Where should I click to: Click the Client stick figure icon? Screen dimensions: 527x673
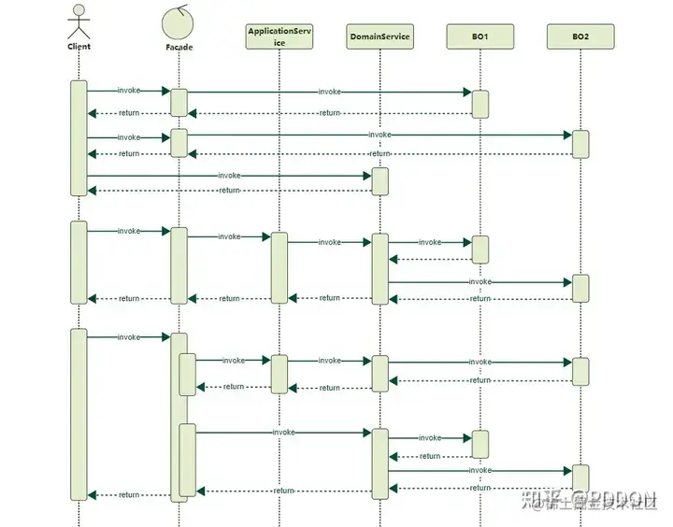(x=79, y=21)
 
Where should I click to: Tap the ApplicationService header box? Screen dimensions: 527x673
(x=279, y=36)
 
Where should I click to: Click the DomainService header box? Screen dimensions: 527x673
(x=379, y=36)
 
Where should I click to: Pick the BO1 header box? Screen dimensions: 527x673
(x=480, y=36)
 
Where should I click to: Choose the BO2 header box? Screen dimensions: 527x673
(x=580, y=36)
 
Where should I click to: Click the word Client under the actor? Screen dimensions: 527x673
(x=79, y=46)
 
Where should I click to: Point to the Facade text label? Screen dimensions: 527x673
(x=179, y=47)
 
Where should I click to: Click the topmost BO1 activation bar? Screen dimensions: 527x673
(x=480, y=104)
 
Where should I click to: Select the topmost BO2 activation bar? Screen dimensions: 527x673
(x=580, y=144)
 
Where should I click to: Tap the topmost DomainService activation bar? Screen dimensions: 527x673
(x=379, y=181)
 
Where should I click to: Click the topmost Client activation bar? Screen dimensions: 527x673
(x=79, y=137)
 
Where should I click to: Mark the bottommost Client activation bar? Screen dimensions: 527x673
(x=79, y=414)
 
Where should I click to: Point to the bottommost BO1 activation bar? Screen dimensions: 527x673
(x=480, y=444)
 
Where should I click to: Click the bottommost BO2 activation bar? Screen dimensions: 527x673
(x=580, y=477)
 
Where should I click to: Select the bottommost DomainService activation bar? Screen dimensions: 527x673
(x=379, y=463)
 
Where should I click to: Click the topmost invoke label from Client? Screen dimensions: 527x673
(x=129, y=91)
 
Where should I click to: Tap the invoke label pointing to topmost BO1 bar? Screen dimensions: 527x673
(x=329, y=92)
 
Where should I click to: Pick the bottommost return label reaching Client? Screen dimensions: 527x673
(x=129, y=495)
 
